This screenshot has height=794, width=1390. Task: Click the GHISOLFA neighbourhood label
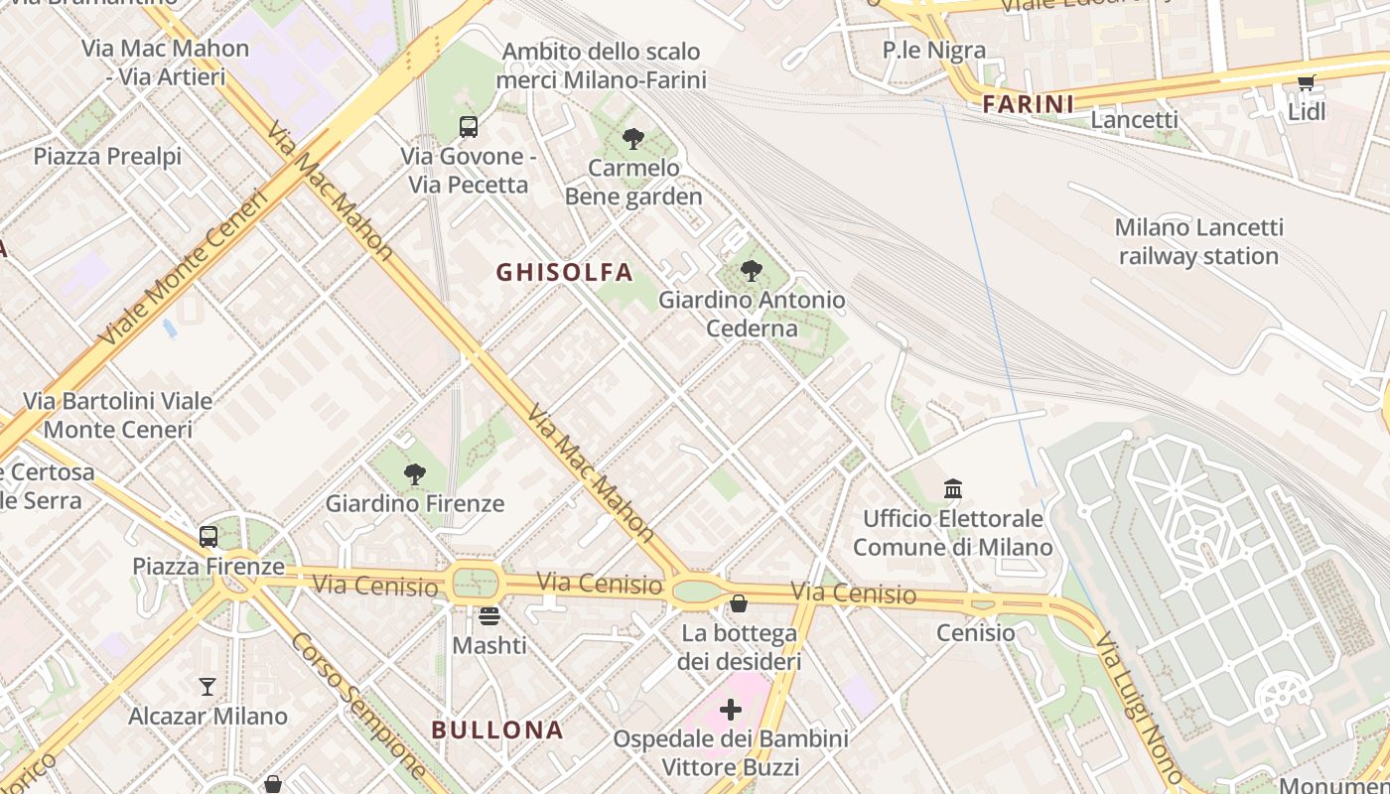564,272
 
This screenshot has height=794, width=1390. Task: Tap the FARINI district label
1029,104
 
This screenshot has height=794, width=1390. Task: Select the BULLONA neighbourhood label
497,730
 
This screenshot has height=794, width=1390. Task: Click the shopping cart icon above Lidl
1306,83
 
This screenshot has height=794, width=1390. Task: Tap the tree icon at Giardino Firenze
415,474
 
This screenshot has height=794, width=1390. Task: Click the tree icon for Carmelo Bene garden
632,139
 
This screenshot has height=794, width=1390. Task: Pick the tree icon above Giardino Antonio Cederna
752,270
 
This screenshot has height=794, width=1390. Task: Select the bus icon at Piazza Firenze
208,537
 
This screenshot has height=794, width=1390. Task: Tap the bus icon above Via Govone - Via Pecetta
469,127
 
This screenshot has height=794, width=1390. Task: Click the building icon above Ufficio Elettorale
953,488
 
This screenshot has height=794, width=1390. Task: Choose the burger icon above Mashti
488,616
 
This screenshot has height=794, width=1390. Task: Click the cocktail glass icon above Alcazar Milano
208,687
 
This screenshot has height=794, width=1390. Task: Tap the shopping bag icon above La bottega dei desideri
739,603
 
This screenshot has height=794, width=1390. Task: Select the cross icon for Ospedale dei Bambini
731,710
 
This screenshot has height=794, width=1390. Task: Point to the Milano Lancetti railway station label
1198,242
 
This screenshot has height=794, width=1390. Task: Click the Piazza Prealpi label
107,157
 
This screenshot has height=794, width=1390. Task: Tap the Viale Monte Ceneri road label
185,268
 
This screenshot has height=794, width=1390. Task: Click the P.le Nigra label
934,50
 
